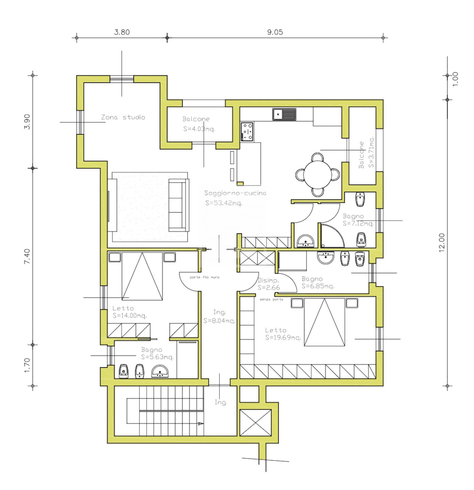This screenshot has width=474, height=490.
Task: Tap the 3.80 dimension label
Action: (122, 32)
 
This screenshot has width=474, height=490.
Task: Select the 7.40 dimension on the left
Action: (27, 256)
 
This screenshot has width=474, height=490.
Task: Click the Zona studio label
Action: (123, 117)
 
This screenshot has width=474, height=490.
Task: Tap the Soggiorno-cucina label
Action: (235, 193)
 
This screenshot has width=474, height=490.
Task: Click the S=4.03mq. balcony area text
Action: (199, 129)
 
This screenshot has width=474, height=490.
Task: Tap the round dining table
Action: (318, 175)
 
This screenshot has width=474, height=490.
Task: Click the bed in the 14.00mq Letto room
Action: (142, 276)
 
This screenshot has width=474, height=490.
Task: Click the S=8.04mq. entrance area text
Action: (219, 321)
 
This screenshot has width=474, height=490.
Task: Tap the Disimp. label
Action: (268, 280)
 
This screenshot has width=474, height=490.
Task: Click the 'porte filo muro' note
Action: (204, 277)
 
